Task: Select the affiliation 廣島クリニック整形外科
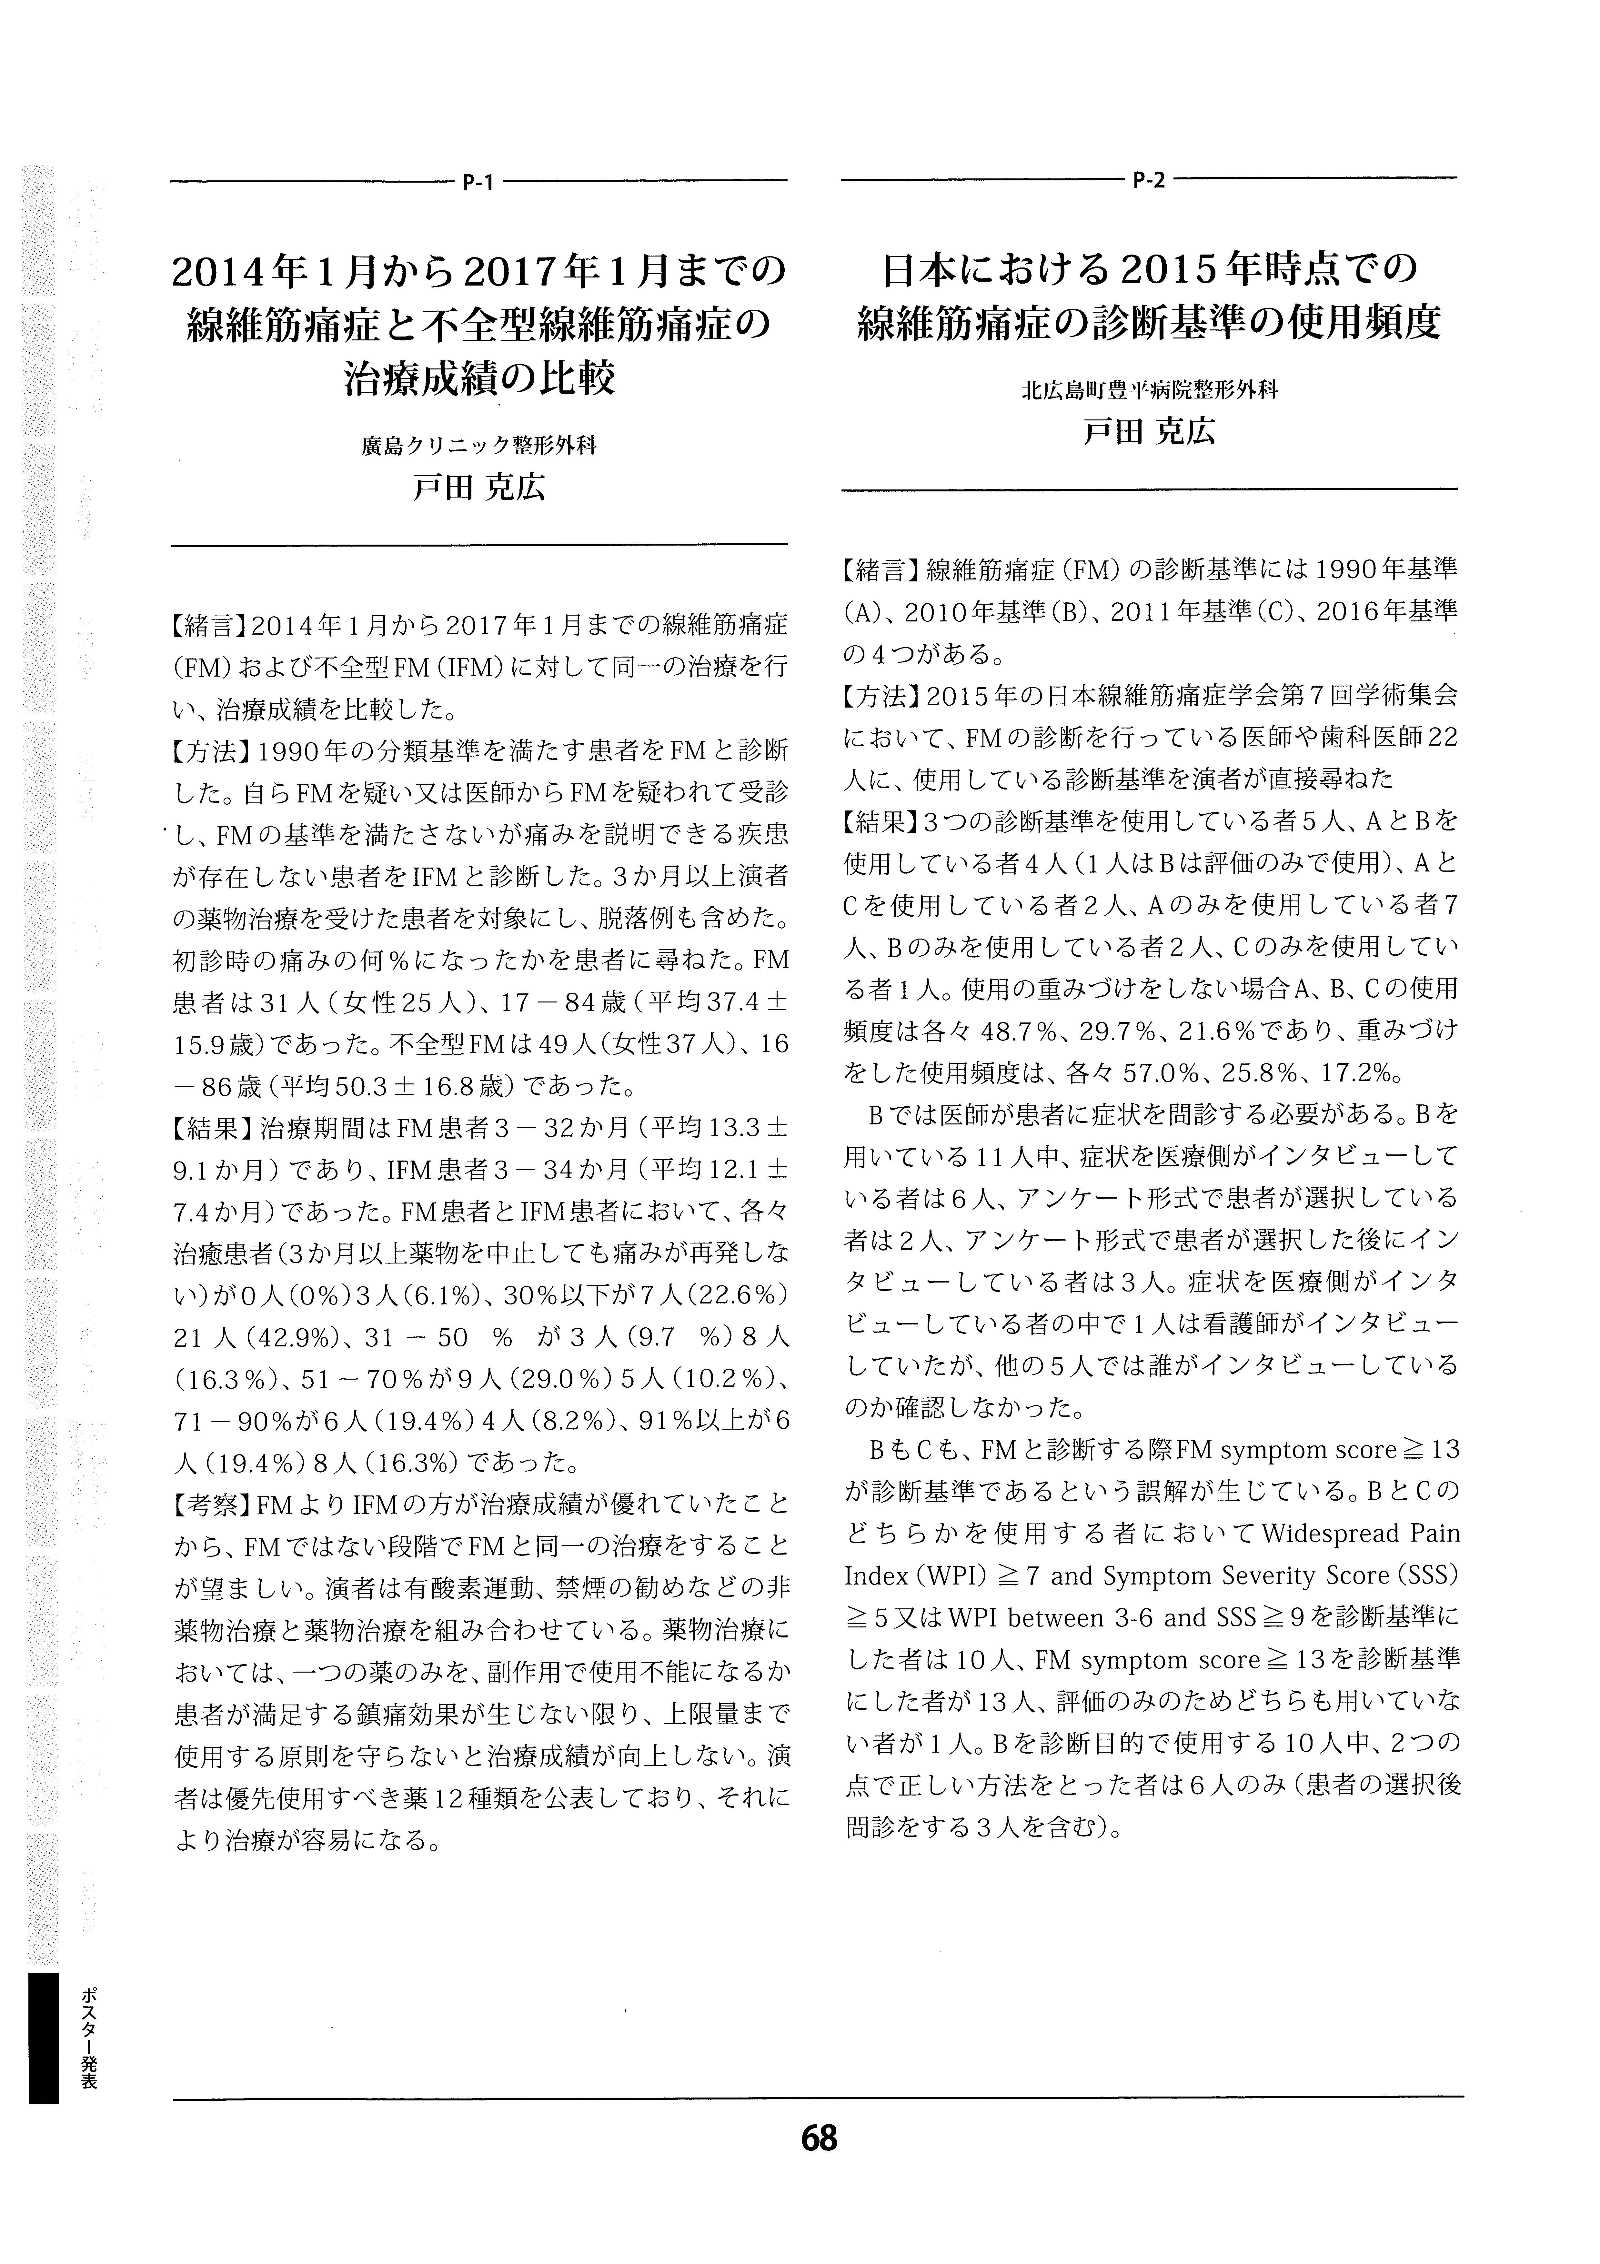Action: (x=479, y=446)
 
